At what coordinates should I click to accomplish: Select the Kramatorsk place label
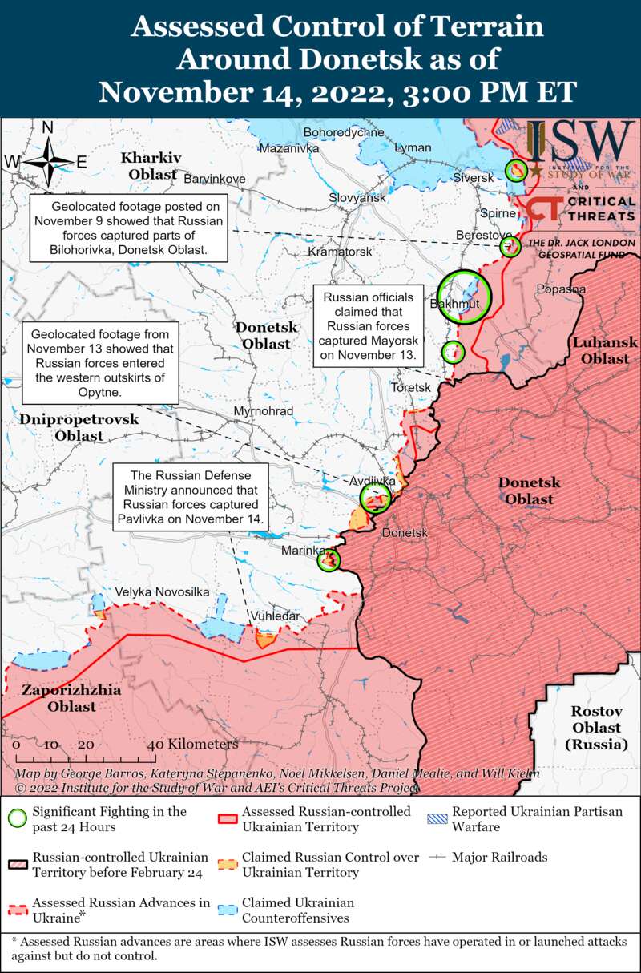[x=341, y=252]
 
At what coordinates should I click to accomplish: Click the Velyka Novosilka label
[x=162, y=591]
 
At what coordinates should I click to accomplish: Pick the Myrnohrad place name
[x=263, y=411]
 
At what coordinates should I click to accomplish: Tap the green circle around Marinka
[x=329, y=559]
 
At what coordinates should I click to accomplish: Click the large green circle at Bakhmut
[x=463, y=297]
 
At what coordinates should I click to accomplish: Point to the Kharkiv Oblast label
[x=151, y=165]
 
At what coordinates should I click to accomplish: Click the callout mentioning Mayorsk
[x=369, y=325]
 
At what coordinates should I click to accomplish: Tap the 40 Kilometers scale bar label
[x=192, y=744]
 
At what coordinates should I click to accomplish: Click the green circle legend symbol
[x=17, y=818]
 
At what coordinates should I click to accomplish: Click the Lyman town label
[x=413, y=148]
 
